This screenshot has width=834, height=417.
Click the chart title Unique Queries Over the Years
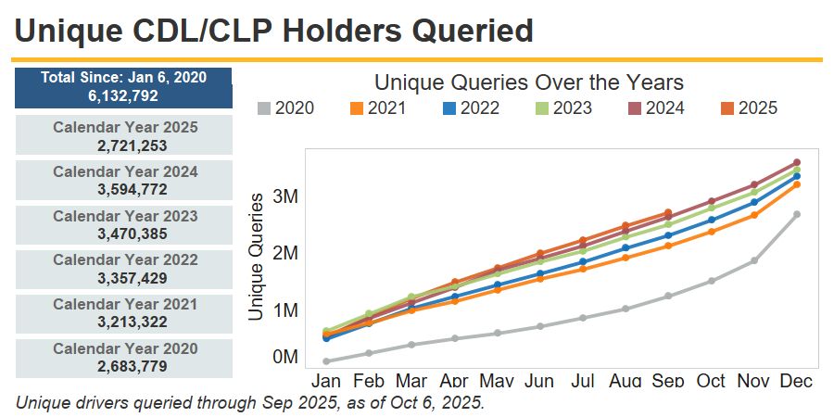529,83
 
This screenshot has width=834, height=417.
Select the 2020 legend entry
286,108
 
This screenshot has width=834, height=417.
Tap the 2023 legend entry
564,108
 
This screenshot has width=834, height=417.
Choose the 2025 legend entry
750,108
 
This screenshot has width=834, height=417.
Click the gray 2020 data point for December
797,214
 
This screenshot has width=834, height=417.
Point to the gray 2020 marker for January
326,361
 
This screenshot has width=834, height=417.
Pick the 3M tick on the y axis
284,196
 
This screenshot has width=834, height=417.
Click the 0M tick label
284,357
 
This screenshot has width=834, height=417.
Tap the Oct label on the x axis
711,381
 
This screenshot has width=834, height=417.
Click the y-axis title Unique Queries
257,257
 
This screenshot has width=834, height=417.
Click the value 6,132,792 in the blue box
123,95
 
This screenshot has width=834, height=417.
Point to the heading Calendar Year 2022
125,260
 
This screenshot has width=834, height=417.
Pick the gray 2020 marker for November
754,260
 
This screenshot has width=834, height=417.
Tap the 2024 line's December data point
797,162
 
